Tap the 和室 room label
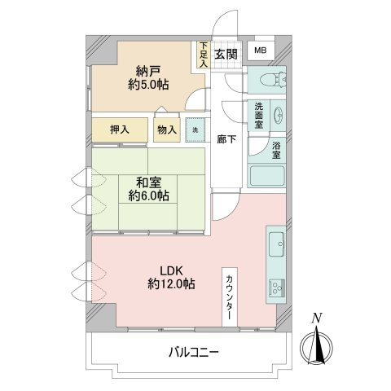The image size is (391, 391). pos(147,188)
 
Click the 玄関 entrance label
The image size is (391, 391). pos(226,53)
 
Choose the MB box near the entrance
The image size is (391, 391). pos(259,51)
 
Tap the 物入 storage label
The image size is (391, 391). pos(166,130)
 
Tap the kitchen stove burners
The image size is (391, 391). pos(274,288)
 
